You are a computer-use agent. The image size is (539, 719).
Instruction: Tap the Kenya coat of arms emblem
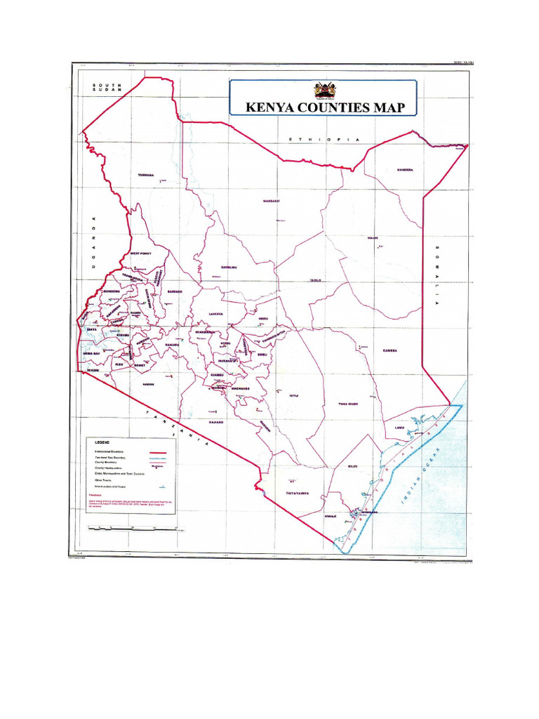324,90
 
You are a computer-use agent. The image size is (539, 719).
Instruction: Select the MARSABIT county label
271,202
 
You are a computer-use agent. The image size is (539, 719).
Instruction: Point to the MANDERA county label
405,170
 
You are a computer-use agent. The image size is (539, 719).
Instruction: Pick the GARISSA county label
390,350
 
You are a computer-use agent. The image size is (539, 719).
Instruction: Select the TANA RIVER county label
348,404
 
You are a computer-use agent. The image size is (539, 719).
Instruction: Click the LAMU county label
400,427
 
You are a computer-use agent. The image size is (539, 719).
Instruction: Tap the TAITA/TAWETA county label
298,493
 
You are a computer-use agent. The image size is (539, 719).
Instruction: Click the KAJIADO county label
215,422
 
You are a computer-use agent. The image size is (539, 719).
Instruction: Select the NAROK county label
148,384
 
